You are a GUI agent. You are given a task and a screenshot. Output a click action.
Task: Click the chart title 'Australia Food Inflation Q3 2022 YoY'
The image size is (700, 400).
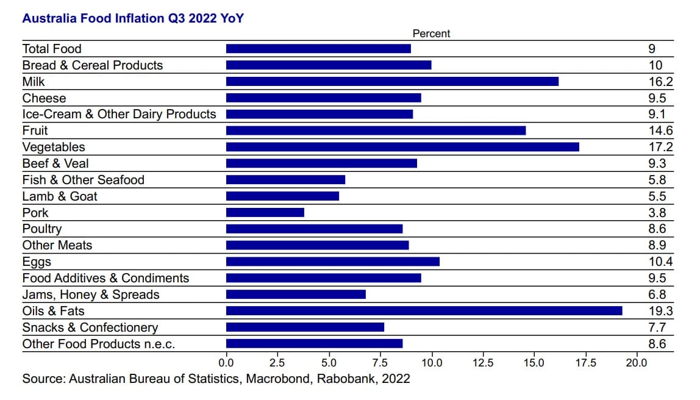tap(133, 18)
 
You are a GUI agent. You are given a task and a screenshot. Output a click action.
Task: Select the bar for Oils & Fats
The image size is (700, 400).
tap(424, 311)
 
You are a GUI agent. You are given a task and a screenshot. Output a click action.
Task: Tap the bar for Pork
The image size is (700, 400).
tap(265, 213)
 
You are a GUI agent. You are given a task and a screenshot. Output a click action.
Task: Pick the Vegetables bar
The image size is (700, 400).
tap(402, 147)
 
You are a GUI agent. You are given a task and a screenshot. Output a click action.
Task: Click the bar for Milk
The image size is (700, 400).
tap(392, 82)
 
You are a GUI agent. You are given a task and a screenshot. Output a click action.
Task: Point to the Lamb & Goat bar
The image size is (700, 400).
tap(282, 196)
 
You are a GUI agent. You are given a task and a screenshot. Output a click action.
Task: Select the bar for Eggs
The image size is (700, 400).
tap(332, 262)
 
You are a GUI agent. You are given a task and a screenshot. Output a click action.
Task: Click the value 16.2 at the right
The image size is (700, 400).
tap(661, 82)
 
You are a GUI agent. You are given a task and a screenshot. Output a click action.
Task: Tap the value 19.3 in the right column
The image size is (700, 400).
tap(661, 311)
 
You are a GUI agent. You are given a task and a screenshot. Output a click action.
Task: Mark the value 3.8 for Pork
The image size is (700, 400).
tap(657, 213)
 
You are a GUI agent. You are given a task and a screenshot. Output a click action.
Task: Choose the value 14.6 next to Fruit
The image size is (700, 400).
tap(661, 130)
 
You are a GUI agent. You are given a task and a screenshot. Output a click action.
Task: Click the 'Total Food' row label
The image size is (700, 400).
tap(52, 49)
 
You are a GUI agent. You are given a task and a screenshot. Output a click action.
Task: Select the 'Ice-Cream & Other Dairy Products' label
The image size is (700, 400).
tap(119, 114)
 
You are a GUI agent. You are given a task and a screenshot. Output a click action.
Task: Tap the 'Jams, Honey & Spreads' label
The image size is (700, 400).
tap(91, 295)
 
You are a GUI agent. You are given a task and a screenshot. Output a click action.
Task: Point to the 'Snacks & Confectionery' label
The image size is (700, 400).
tap(90, 327)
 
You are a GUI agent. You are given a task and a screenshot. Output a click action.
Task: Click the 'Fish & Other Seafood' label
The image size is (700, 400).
tap(84, 180)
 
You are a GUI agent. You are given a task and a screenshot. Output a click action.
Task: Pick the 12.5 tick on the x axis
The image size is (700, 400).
tap(483, 363)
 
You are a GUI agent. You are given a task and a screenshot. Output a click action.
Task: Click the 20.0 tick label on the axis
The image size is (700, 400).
tap(637, 363)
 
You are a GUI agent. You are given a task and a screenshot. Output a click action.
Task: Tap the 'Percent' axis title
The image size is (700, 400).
tap(431, 34)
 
